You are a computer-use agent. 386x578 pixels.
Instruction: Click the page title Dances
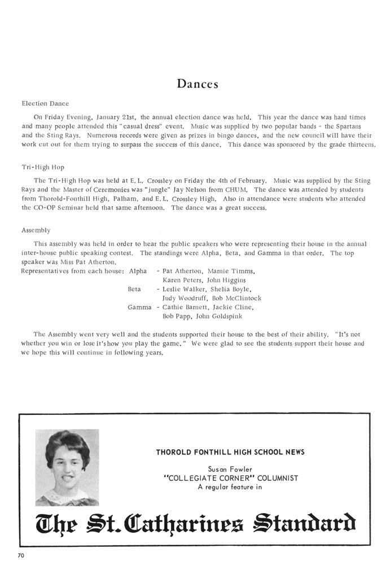197,84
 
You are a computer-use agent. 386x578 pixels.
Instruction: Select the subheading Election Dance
45,103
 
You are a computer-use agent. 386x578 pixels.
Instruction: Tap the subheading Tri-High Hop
42,167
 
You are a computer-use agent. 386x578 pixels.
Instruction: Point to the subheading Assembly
36,230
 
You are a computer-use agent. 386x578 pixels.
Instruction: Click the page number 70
21,556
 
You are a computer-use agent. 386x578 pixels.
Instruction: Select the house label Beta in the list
134,289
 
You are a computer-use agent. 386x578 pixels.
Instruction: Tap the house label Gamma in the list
139,307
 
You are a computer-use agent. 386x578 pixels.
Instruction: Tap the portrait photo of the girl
67,467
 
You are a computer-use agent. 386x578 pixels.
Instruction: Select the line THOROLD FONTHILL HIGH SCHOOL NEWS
230,452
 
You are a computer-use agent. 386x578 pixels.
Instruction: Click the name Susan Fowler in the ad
230,469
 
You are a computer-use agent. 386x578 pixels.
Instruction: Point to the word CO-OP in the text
34,208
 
